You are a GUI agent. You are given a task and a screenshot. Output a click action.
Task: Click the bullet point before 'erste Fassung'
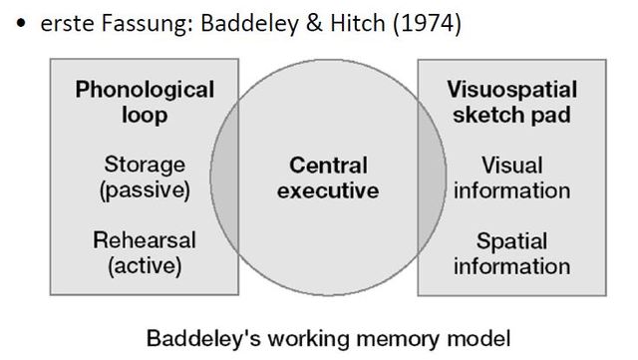click(x=21, y=25)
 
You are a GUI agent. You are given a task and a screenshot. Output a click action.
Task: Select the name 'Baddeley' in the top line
click(x=244, y=24)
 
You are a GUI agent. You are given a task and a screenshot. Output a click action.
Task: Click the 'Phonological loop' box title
click(x=146, y=102)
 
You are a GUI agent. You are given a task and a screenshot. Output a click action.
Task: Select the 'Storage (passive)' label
click(x=146, y=177)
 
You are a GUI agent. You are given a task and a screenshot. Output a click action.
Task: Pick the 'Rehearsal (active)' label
click(x=146, y=252)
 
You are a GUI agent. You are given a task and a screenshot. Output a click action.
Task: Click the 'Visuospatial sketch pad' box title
click(x=510, y=102)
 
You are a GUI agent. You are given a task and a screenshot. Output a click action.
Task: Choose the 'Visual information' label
click(x=510, y=177)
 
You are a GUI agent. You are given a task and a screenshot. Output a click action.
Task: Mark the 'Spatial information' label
click(x=510, y=252)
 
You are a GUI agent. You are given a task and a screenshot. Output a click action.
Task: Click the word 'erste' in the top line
click(x=66, y=24)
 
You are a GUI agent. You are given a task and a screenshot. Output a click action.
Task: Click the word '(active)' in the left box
click(x=146, y=265)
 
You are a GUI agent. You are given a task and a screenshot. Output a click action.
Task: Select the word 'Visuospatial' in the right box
click(x=510, y=89)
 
